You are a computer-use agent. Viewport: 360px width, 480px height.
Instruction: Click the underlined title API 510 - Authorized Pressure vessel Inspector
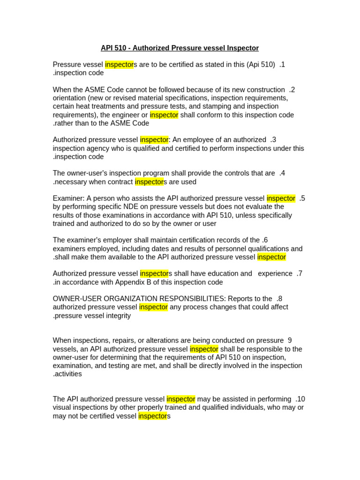(180, 48)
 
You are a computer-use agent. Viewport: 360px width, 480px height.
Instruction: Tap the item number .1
(282, 65)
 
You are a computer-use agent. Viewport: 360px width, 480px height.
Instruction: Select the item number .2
(292, 90)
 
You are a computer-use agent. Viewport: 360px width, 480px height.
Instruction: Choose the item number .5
(302, 198)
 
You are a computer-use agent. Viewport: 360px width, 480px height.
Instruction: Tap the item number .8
(279, 299)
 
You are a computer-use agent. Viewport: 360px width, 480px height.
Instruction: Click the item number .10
(300, 399)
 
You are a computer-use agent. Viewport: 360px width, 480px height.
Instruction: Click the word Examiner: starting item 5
(68, 198)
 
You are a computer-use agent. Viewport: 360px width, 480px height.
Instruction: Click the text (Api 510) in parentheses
(261, 65)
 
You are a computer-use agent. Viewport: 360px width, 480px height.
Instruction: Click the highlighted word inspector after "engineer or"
(164, 115)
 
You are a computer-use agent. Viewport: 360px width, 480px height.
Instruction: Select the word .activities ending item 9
(67, 374)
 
